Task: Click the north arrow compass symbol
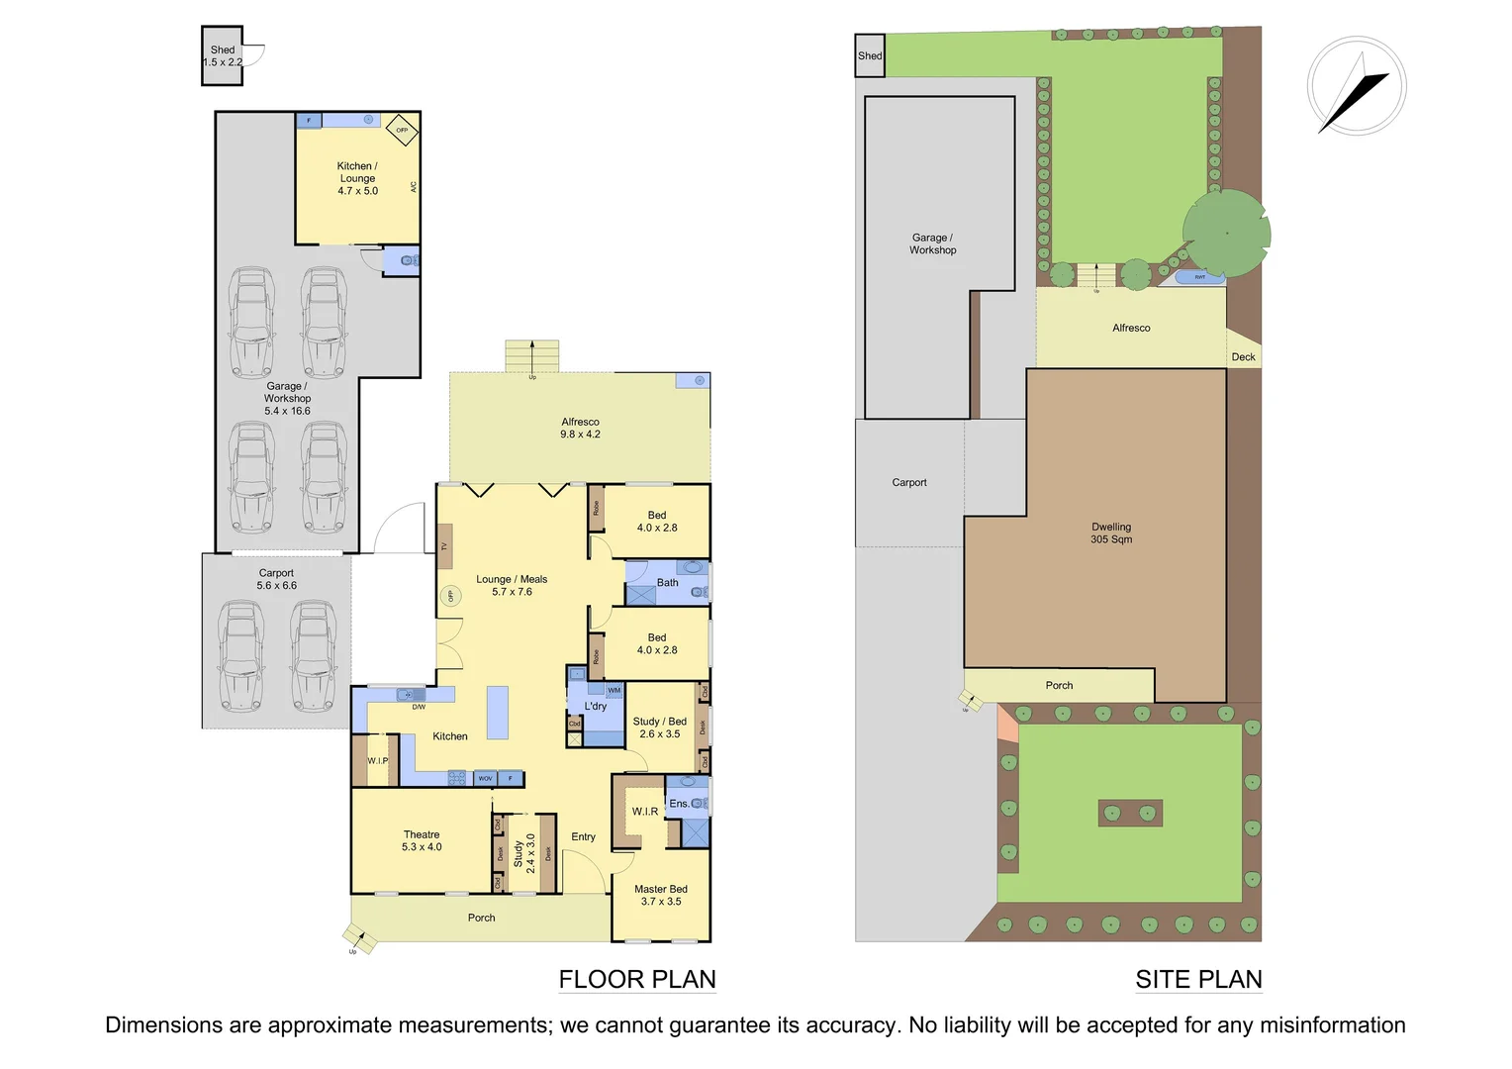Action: [1356, 86]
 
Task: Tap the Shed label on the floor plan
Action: [223, 56]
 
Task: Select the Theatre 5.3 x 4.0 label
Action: [422, 841]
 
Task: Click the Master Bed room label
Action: [661, 896]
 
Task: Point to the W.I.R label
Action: [645, 812]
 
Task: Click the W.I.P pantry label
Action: [378, 761]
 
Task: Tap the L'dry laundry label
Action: [596, 707]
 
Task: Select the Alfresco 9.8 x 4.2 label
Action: [580, 428]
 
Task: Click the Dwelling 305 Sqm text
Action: [1111, 534]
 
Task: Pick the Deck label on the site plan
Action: [1243, 357]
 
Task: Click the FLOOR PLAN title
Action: [637, 980]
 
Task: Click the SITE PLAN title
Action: [1198, 980]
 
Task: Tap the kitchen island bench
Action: [498, 713]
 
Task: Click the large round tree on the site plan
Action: [1226, 234]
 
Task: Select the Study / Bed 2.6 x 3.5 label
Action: [660, 728]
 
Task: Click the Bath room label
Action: [668, 583]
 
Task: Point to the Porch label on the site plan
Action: [1059, 686]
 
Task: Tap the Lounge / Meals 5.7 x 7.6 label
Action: [512, 586]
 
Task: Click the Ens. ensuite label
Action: [679, 804]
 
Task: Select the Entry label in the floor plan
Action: [584, 837]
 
